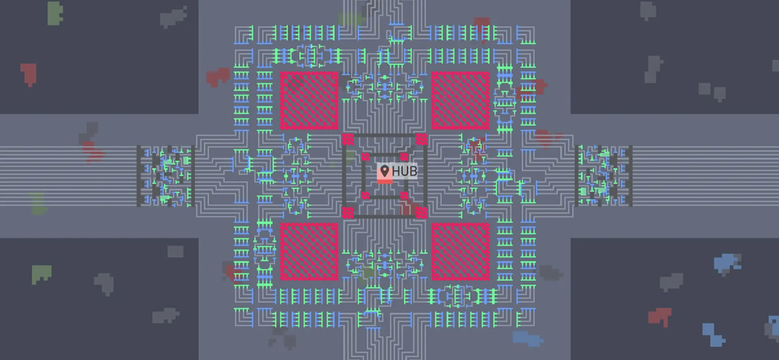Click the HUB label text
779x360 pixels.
click(x=404, y=171)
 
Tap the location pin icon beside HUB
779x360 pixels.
click(x=385, y=171)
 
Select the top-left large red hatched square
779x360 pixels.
click(x=309, y=101)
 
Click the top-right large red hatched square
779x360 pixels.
click(x=461, y=101)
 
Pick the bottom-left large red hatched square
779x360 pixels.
click(x=309, y=252)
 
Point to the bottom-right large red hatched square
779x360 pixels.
click(x=461, y=252)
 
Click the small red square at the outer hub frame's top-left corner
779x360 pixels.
click(x=348, y=139)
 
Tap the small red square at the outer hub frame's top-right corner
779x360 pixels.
click(x=422, y=139)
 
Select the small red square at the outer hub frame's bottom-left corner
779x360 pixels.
click(x=348, y=213)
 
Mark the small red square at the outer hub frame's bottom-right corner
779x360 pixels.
click(x=422, y=213)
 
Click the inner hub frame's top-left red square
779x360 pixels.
click(x=365, y=157)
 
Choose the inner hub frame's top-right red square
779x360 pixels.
click(x=404, y=157)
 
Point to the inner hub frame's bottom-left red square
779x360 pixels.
click(x=365, y=196)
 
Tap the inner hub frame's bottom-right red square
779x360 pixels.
click(x=404, y=196)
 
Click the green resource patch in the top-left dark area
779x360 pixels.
click(x=55, y=13)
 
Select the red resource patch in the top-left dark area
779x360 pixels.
click(x=29, y=74)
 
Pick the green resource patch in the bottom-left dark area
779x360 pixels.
click(x=41, y=274)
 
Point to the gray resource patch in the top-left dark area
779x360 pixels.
click(x=173, y=17)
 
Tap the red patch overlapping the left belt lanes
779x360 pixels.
click(x=93, y=153)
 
